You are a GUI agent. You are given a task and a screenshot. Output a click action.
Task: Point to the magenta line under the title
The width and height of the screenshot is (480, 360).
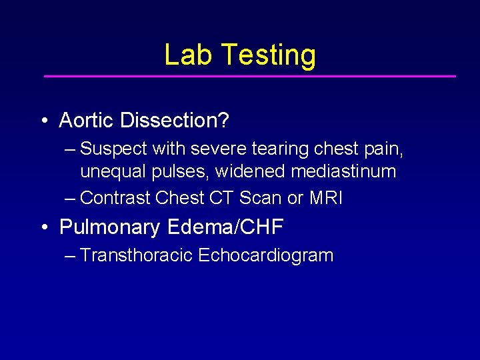click(249, 76)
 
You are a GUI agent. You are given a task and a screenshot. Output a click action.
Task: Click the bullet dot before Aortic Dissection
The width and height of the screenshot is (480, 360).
click(43, 121)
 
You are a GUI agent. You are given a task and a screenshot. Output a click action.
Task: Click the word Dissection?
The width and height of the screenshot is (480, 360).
click(175, 121)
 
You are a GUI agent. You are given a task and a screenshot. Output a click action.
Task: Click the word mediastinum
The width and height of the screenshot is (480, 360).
click(343, 171)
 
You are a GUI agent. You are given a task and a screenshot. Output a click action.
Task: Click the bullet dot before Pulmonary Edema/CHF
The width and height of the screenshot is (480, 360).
click(43, 228)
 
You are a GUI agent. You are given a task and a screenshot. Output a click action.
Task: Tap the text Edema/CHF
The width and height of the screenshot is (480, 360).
click(225, 227)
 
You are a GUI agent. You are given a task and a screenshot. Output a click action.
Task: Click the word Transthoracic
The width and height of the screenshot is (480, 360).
click(136, 255)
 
